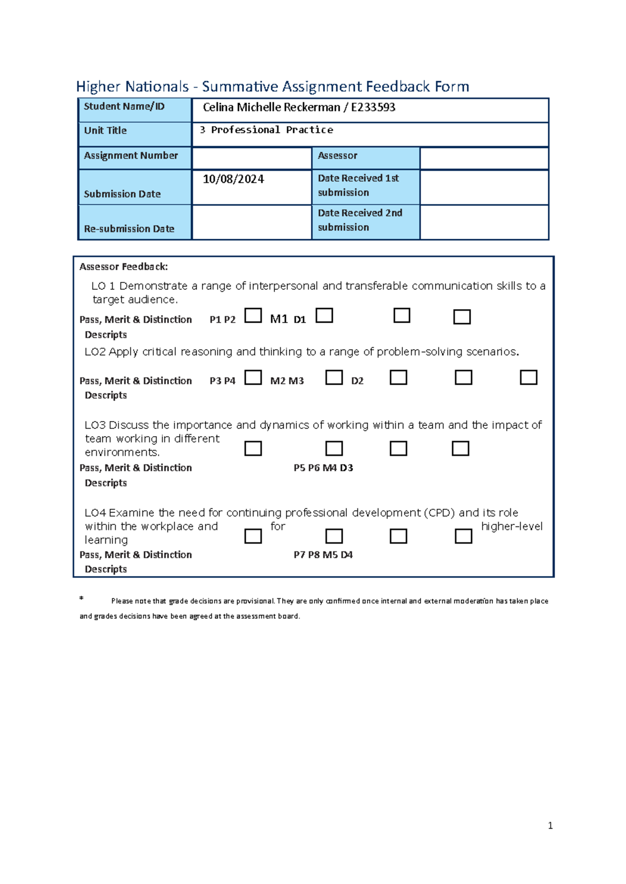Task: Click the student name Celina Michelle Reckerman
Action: tap(271, 107)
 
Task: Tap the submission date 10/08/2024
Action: tap(233, 179)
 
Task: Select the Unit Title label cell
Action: tap(105, 131)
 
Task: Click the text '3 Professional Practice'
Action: tap(266, 130)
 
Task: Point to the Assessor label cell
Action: tap(338, 156)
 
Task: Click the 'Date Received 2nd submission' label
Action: tap(360, 220)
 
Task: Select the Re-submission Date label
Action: tap(129, 229)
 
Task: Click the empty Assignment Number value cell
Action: tap(251, 158)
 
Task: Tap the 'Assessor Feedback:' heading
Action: tap(124, 267)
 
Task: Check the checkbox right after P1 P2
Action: tap(253, 316)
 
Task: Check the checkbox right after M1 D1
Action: tap(324, 316)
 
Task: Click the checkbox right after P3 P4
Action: tap(253, 377)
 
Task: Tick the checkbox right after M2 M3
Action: tap(334, 377)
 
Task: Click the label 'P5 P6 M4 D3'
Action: tap(323, 468)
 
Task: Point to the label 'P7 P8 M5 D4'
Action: tap(323, 555)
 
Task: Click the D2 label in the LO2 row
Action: tap(357, 381)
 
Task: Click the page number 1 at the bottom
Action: tap(550, 826)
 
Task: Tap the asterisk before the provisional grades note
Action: tap(81, 598)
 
